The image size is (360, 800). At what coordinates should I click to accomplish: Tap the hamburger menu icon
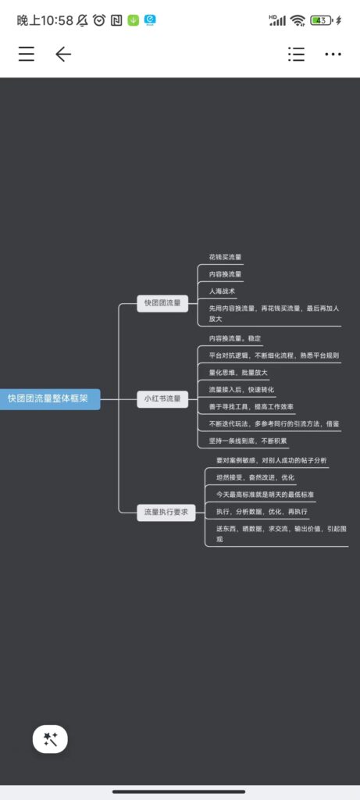click(27, 54)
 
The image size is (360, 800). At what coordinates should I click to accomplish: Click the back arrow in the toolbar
click(63, 54)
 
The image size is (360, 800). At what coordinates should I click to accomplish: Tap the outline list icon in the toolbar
click(296, 54)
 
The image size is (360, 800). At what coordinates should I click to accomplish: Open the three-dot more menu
click(333, 54)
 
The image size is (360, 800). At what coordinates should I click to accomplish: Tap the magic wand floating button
click(50, 739)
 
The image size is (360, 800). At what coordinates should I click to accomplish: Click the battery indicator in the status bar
click(323, 20)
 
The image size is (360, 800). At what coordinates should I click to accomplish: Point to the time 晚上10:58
click(45, 20)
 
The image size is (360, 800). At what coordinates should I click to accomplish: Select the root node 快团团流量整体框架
click(48, 399)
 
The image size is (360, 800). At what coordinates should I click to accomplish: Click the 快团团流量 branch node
click(162, 303)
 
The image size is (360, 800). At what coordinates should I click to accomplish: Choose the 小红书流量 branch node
click(162, 399)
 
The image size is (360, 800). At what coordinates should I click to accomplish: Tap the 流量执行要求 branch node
click(166, 512)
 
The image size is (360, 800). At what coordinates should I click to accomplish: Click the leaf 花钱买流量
click(225, 258)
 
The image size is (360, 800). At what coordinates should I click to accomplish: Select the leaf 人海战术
click(222, 291)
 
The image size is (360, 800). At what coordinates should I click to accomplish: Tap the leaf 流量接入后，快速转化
click(241, 390)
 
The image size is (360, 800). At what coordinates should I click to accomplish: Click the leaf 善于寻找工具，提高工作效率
click(251, 406)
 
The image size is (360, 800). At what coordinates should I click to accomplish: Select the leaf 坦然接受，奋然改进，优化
click(255, 477)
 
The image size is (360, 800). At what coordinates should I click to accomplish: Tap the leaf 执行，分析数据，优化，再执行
click(262, 511)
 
